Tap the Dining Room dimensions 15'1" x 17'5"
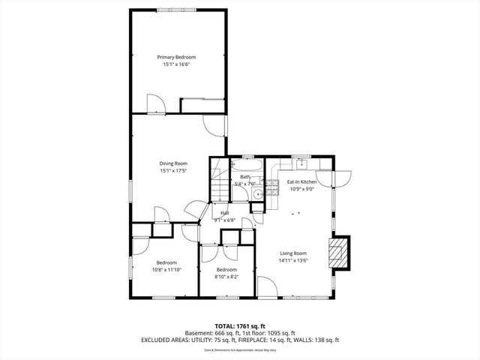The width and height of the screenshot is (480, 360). [172, 171]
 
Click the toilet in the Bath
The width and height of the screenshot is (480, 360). [256, 194]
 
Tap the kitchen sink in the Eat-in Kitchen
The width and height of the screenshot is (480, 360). [302, 163]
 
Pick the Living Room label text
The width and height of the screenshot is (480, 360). [294, 253]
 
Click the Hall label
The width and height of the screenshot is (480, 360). [225, 213]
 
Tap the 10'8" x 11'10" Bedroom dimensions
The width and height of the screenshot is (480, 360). [166, 270]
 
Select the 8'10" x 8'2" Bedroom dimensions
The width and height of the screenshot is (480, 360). [226, 277]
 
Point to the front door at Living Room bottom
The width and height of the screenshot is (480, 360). [265, 286]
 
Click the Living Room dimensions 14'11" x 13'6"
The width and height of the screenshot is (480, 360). [294, 261]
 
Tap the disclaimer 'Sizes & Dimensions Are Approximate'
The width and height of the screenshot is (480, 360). [240, 349]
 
